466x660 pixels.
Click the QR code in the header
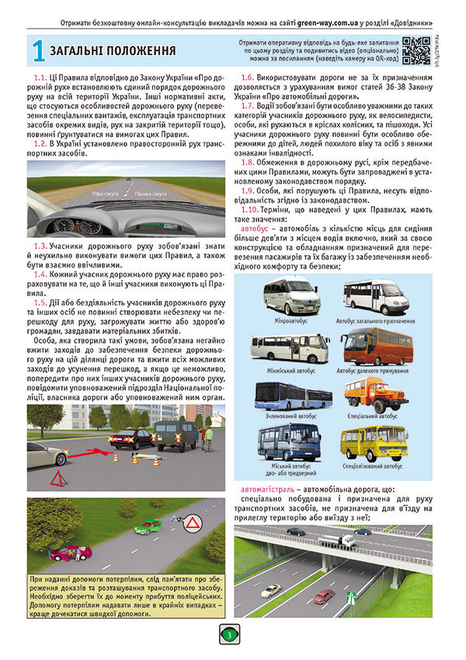click(416, 50)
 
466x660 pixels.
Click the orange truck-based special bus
click(376, 394)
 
